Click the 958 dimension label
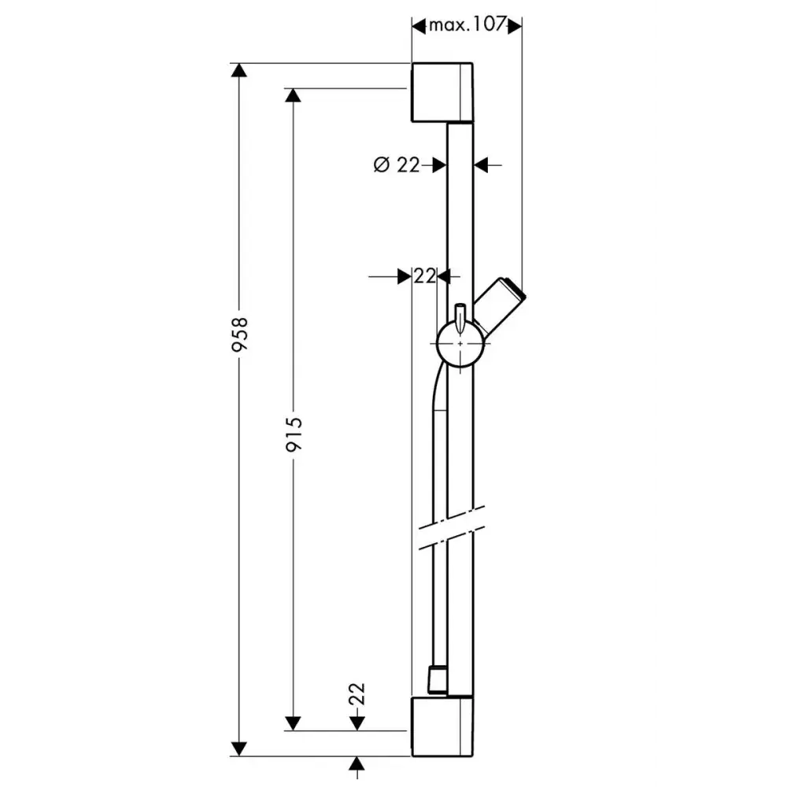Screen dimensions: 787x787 click(240, 334)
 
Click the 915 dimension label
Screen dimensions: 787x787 click(294, 434)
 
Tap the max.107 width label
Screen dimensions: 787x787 click(466, 24)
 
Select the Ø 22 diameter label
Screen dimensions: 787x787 click(397, 164)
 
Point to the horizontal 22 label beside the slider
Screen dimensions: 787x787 click(425, 275)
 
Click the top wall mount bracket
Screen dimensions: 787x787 click(442, 92)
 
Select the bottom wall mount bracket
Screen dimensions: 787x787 click(442, 726)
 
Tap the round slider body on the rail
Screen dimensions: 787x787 click(460, 345)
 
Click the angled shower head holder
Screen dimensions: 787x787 click(500, 305)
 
